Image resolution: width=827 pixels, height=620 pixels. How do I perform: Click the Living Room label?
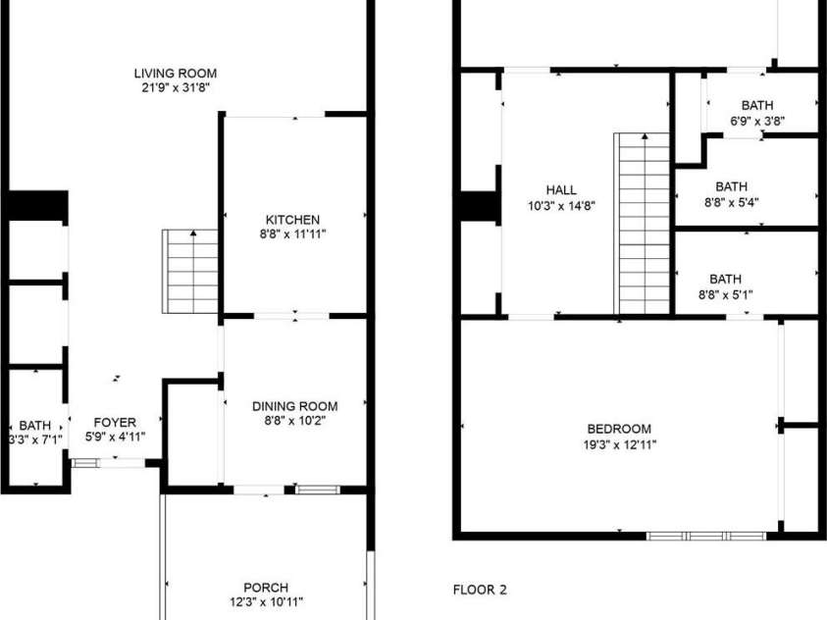176,74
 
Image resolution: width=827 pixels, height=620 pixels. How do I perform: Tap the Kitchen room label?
292,219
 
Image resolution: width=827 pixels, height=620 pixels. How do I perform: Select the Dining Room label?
294,406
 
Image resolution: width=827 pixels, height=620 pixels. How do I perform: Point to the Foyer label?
115,423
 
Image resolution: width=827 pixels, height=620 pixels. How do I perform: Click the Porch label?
266,588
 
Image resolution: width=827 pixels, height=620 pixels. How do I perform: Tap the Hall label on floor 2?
561,190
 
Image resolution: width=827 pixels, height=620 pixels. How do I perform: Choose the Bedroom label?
619,429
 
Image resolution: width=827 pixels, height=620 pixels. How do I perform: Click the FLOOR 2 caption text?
480,590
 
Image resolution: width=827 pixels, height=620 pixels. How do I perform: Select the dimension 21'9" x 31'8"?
176,88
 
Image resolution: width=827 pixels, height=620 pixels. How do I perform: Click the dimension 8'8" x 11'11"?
292,234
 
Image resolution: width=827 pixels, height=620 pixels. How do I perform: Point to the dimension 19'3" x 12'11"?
619,444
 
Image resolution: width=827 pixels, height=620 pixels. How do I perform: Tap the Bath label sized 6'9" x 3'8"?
757,106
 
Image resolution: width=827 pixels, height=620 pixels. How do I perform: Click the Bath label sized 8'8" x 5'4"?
731,186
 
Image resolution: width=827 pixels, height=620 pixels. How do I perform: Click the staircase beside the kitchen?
191,272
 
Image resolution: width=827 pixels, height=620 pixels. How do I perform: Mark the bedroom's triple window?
705,536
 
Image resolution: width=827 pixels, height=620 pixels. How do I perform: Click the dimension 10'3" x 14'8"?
561,206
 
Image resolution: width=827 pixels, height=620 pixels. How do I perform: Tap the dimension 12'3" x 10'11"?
266,602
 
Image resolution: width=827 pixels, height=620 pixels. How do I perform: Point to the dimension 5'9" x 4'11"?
115,439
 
